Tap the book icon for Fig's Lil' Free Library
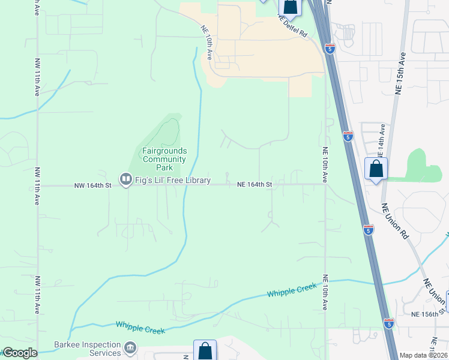(x=125, y=179)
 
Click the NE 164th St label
(x=255, y=185)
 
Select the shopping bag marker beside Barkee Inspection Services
(x=205, y=350)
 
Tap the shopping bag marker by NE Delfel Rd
(x=290, y=6)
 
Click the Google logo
(x=19, y=353)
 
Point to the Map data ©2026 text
(x=423, y=355)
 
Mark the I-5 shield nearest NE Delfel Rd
(x=330, y=49)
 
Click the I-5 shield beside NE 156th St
(x=389, y=323)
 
